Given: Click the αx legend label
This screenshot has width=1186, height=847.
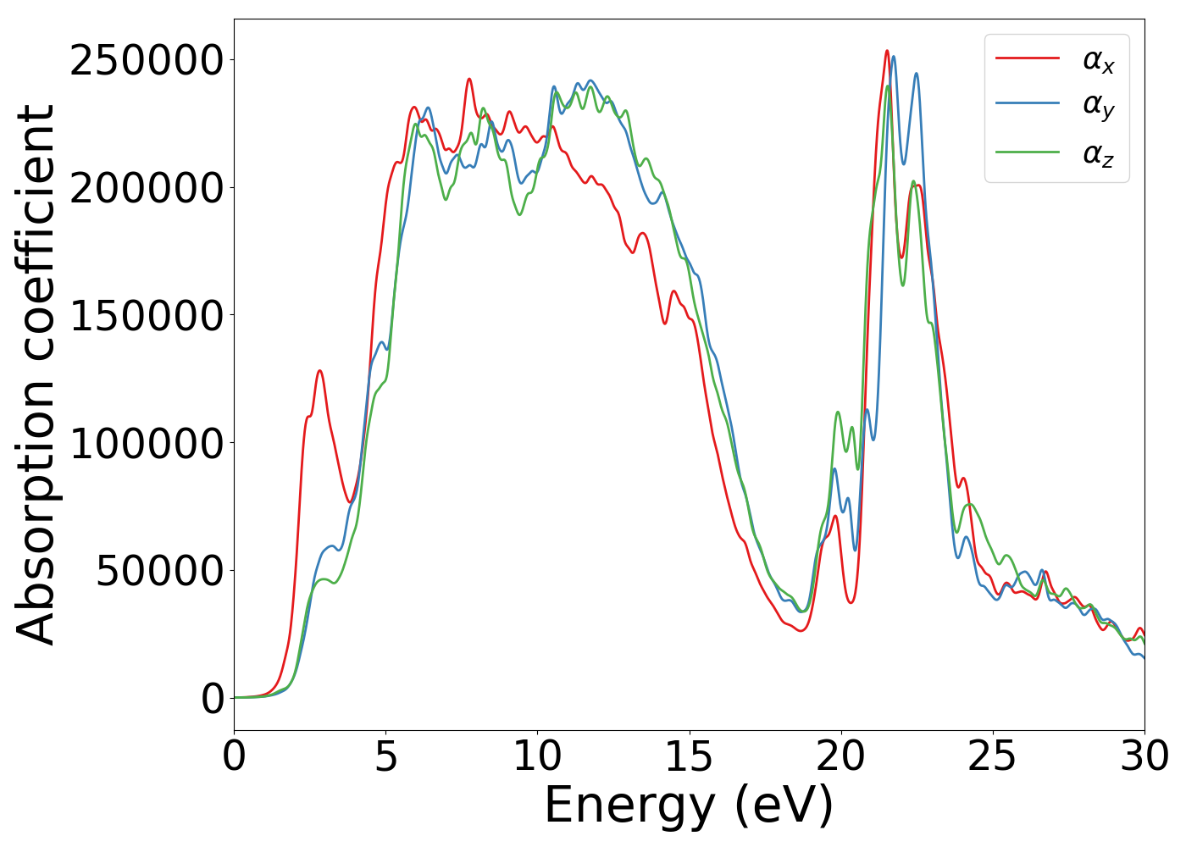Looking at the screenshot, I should point(1099,60).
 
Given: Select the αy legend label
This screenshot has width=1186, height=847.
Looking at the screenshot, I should point(1099,106).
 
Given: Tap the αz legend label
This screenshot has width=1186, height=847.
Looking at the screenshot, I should point(1099,153).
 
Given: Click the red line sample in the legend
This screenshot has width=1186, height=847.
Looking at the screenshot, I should point(1027,58).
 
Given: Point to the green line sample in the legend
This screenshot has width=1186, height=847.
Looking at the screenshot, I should point(1027,152).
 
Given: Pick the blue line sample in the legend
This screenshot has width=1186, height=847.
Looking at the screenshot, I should point(1027,103).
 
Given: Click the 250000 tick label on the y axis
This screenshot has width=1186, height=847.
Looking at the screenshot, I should point(146,61).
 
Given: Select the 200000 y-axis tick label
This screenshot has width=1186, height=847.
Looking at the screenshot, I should point(146,188).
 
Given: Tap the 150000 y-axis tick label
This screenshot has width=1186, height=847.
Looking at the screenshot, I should point(146,316).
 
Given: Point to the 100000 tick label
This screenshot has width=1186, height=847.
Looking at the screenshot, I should point(146,443).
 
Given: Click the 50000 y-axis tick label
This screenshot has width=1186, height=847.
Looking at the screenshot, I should point(158,571).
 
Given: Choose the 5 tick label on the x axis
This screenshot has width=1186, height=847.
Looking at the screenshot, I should point(385,756).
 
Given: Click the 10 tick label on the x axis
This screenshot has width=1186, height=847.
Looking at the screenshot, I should point(537,756).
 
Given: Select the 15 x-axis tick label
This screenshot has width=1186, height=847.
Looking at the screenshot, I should point(689,756).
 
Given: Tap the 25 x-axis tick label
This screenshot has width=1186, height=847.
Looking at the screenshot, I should point(992,756).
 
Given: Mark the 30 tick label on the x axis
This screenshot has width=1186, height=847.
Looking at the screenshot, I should point(1144,756).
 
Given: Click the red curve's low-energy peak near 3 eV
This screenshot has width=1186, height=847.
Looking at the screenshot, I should point(319,371).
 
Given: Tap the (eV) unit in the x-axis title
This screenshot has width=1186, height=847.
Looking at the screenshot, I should point(784,805).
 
